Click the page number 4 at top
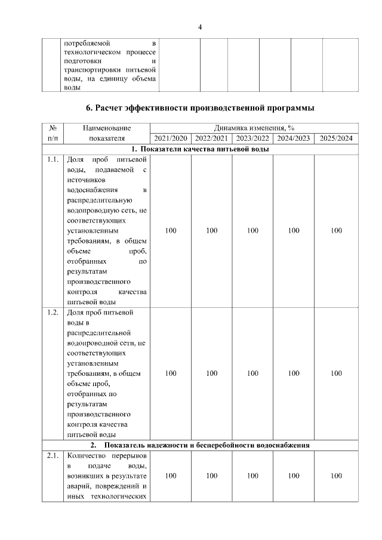point(200,27)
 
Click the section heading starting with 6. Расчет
point(200,108)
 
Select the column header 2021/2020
point(171,138)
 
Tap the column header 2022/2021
point(211,138)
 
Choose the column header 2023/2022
point(252,138)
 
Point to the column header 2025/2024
point(336,138)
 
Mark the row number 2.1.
point(53,456)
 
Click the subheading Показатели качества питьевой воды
point(200,149)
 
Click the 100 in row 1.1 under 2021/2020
point(171,230)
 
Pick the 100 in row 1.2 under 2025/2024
point(336,373)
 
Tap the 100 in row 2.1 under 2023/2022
point(252,476)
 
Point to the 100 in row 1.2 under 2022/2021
point(211,373)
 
